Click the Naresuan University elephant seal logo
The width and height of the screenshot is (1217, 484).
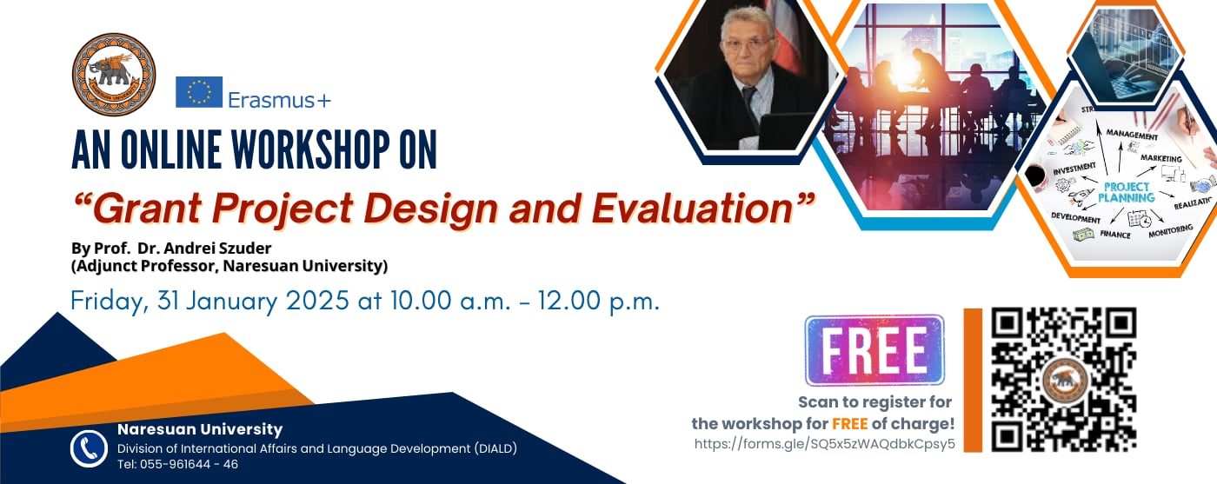pos(114,75)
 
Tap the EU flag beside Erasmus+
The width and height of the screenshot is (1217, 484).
pos(199,92)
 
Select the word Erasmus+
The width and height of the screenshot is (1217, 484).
pos(279,100)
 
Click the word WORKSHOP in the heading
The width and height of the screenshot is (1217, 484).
pos(311,149)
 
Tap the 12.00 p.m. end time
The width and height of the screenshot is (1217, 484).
pos(599,301)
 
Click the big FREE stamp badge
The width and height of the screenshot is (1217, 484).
pos(875,350)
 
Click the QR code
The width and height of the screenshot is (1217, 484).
pos(1063,380)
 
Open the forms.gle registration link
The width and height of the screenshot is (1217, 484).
pos(824,444)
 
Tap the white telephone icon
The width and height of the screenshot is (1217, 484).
pos(89,448)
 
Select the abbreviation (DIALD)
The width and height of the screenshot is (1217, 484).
pos(495,448)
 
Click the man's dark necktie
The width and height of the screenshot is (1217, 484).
pos(749,104)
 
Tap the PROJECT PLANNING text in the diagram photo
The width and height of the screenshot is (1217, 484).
pos(1127,192)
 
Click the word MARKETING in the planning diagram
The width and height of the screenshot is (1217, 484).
pos(1161,158)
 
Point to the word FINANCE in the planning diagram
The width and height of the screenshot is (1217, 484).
pos(1114,234)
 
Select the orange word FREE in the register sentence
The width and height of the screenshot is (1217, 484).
pos(850,423)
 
